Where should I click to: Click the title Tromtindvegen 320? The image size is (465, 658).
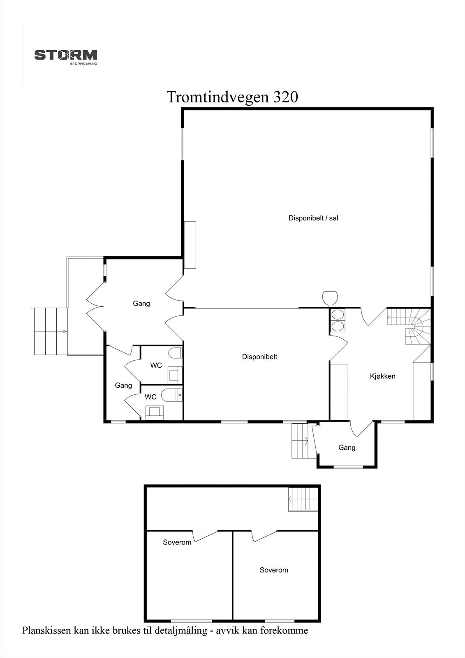232,97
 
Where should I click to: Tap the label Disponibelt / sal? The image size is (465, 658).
313,218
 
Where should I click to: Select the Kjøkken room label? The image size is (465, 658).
382,376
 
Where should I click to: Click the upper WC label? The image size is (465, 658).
156,365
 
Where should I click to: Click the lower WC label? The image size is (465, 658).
150,397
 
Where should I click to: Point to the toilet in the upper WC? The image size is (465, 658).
176,353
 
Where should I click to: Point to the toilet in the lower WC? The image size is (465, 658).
169,395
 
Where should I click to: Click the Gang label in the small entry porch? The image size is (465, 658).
347,447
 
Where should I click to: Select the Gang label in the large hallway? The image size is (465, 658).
141,304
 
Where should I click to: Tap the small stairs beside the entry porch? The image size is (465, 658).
300,440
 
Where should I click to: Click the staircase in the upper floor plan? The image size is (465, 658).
303,499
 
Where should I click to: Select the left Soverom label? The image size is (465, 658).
177,542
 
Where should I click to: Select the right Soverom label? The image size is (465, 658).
273,570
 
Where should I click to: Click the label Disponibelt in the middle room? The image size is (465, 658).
259,357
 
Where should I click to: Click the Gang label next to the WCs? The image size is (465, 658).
123,385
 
